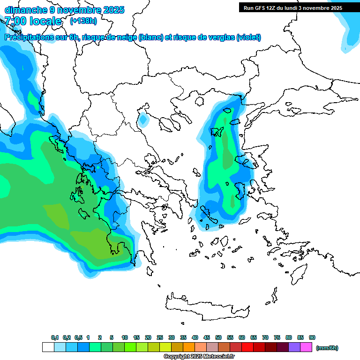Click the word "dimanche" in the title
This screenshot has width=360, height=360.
(25, 10)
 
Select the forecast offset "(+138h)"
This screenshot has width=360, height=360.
(83, 21)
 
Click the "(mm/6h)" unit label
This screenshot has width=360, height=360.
(327, 348)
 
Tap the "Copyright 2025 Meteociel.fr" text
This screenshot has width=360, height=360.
(199, 357)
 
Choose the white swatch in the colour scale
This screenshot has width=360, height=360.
(48, 347)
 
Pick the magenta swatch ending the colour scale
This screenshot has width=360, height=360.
(306, 347)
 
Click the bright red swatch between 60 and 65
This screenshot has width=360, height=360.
(247, 347)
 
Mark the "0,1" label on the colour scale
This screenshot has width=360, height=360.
(54, 337)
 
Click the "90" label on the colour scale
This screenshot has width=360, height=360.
(312, 337)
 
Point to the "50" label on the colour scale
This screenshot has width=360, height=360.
(218, 337)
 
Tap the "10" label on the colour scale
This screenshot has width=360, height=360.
(125, 337)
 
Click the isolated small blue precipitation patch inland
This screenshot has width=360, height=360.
(143, 120)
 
